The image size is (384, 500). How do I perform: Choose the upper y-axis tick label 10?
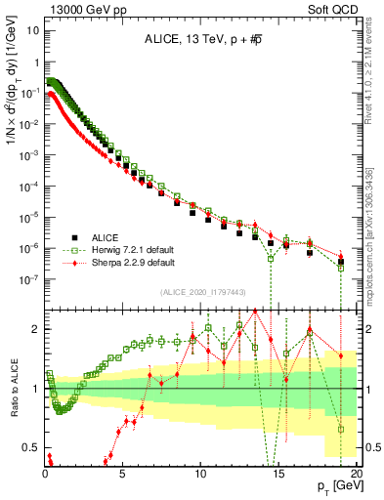coord(32,29)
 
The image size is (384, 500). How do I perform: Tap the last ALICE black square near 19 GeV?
coord(341,262)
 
